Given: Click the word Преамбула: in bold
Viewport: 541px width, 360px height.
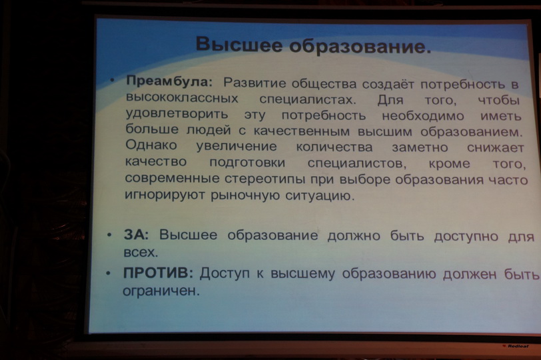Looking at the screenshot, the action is point(169,82).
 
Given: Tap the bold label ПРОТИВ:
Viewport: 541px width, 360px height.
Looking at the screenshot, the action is point(158,273).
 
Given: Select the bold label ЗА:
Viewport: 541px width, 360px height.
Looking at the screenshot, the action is point(137,235).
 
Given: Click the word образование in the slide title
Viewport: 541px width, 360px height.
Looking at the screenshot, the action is point(360,46).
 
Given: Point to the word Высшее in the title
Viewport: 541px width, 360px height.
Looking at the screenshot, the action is point(239,44).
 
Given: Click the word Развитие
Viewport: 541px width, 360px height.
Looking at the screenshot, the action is point(255,83).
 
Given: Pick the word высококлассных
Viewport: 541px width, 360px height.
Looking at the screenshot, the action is point(182,98).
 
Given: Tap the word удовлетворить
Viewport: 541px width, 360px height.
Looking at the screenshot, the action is point(177,114).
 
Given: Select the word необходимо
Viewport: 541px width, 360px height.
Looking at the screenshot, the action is point(423,115).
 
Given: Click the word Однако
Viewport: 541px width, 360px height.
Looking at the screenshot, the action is point(151,145).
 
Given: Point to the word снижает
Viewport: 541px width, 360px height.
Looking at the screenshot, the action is point(496,147).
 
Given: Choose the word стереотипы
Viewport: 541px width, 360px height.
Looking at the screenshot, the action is point(265,179).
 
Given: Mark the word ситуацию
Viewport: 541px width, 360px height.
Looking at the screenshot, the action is point(320,196).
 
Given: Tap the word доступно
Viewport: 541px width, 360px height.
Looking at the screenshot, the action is point(466,237).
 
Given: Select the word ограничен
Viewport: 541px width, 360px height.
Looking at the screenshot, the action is point(161,290).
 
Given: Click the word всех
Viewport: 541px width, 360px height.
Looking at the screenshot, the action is point(141,253).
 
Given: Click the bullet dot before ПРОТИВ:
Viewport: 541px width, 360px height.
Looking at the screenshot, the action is point(109,273).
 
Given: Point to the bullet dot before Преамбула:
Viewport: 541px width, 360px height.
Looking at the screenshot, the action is point(112,81).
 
